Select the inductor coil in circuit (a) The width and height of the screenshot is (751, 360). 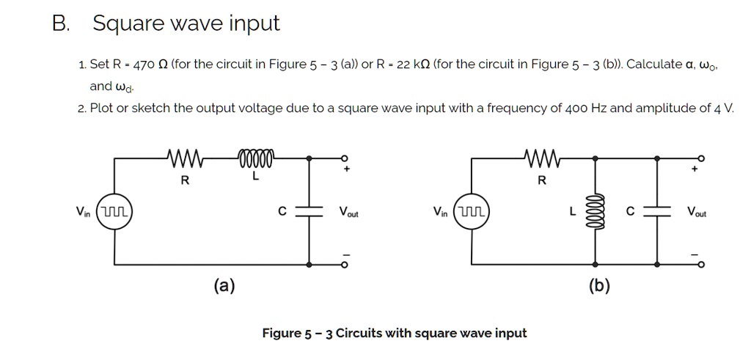pyautogui.click(x=254, y=157)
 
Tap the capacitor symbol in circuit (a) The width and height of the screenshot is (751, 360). pyautogui.click(x=309, y=211)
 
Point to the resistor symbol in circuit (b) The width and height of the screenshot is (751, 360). pyautogui.click(x=542, y=157)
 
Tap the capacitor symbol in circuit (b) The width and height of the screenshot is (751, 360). pyautogui.click(x=658, y=211)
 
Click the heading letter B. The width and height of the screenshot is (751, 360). pyautogui.click(x=60, y=23)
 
